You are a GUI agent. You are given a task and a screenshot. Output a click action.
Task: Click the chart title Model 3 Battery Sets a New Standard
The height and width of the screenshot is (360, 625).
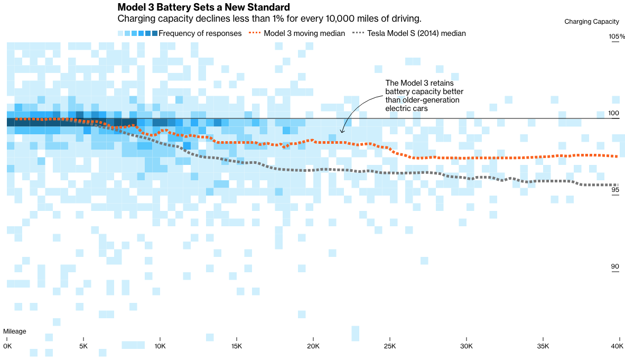[203, 7]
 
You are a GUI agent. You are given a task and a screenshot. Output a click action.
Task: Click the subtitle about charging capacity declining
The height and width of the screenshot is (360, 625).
[269, 19]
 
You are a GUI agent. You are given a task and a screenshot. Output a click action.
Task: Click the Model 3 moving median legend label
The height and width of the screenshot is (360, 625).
[304, 33]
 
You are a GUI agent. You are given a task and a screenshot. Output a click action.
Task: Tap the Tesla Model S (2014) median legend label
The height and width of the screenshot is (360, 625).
[416, 33]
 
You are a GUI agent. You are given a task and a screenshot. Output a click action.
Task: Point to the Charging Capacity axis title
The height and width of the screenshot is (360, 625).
[591, 22]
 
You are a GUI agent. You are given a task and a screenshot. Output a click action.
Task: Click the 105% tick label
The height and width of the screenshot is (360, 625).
[617, 36]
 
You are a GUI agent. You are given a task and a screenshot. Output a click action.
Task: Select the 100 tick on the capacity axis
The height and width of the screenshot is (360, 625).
[613, 113]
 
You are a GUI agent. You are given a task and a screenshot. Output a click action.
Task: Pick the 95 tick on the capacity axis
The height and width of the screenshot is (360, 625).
[615, 190]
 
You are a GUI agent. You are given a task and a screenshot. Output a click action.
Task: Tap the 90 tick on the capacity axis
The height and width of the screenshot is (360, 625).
[615, 266]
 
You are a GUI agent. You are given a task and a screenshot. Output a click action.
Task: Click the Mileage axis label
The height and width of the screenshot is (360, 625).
[14, 331]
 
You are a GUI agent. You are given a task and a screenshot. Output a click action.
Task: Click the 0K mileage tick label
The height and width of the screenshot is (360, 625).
[7, 346]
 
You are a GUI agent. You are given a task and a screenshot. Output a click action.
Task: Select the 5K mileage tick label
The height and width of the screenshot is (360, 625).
[83, 346]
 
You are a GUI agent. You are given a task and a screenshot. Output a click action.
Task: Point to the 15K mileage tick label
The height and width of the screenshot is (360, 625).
[236, 346]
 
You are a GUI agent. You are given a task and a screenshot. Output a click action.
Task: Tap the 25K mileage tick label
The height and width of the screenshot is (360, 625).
[389, 346]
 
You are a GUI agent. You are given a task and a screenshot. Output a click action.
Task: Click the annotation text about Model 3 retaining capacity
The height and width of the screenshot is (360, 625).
[422, 96]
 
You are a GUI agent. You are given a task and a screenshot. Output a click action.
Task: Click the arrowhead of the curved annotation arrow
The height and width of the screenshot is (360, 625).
[342, 132]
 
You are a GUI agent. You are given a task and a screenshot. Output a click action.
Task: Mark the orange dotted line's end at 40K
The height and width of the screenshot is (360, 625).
[618, 156]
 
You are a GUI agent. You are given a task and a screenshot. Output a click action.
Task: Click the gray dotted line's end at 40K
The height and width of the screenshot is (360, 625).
[618, 184]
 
